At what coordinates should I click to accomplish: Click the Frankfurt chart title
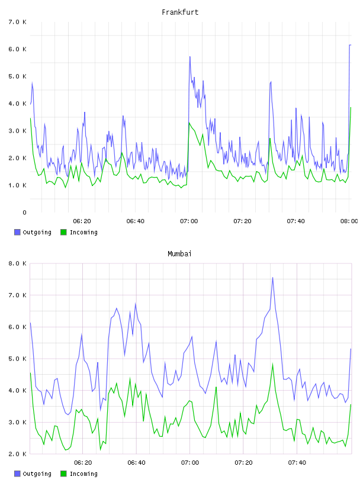[x=180, y=12]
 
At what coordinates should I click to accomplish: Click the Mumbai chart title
[x=179, y=254]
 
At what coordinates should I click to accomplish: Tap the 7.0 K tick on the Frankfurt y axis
[x=18, y=22]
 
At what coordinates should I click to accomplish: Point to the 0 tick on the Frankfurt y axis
[x=24, y=212]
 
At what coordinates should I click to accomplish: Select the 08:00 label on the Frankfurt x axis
[x=349, y=221]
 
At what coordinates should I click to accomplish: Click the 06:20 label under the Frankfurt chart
[x=82, y=221]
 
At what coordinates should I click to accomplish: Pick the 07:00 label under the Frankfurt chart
[x=189, y=221]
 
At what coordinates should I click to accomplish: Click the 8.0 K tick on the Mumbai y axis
[x=18, y=263]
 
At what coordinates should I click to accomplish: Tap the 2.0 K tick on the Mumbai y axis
[x=18, y=454]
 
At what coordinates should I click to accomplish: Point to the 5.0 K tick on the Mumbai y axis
[x=18, y=359]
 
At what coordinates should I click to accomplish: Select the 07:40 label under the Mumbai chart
[x=297, y=463]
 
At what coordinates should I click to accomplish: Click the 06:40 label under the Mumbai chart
[x=136, y=463]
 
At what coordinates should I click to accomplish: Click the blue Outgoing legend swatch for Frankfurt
[x=17, y=232]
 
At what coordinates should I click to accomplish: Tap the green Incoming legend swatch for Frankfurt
[x=63, y=232]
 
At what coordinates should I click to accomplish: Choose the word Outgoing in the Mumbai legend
[x=37, y=474]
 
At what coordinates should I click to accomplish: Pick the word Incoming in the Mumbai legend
[x=83, y=474]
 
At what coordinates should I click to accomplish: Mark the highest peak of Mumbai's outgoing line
[x=272, y=278]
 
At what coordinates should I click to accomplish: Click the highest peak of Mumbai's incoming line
[x=272, y=364]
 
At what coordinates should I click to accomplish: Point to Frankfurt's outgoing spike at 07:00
[x=190, y=57]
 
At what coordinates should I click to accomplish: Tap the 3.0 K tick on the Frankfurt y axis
[x=18, y=131]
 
